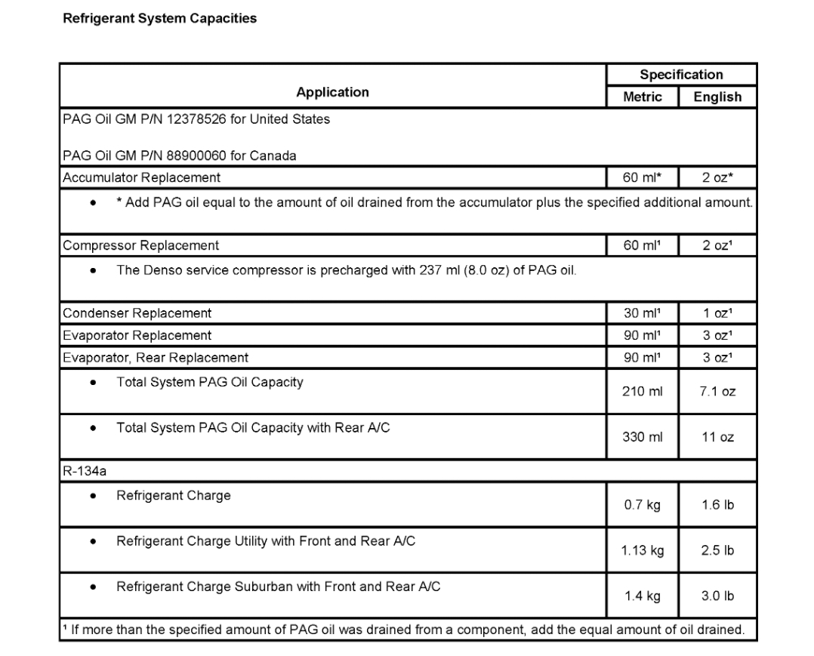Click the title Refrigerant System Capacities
pyautogui.click(x=159, y=19)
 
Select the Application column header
pyautogui.click(x=332, y=92)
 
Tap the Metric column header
pyautogui.click(x=643, y=97)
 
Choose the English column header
pyautogui.click(x=717, y=97)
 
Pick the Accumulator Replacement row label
pyautogui.click(x=142, y=178)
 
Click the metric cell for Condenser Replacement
pyautogui.click(x=643, y=313)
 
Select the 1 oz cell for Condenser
pyautogui.click(x=717, y=313)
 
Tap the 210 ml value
pyautogui.click(x=643, y=392)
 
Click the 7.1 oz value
pyautogui.click(x=717, y=392)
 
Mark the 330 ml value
pyautogui.click(x=643, y=437)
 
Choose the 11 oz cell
pyautogui.click(x=717, y=437)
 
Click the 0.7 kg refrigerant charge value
pyautogui.click(x=643, y=505)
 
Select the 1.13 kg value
pyautogui.click(x=643, y=550)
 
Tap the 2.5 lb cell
pyautogui.click(x=717, y=550)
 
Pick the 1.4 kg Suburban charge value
pyautogui.click(x=643, y=596)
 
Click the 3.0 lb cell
pyautogui.click(x=717, y=596)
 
